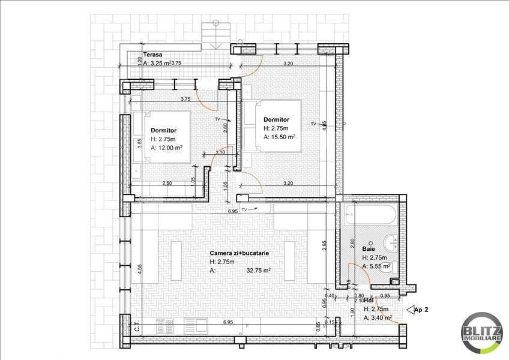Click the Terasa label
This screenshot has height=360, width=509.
click(x=145, y=54)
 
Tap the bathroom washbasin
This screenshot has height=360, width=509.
click(x=393, y=242)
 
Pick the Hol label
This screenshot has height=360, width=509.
click(x=369, y=301)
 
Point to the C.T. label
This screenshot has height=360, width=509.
click(x=137, y=328)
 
